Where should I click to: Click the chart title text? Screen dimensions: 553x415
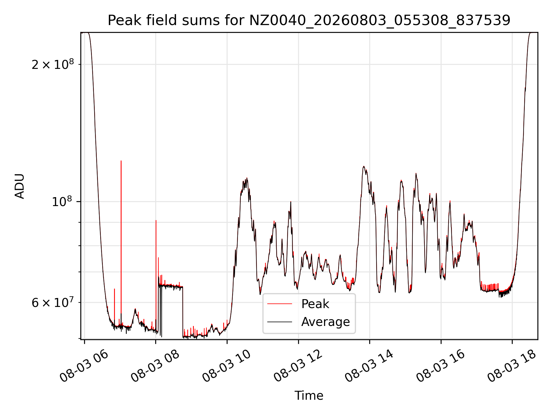pos(309,20)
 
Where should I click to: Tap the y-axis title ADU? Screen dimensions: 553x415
pos(20,186)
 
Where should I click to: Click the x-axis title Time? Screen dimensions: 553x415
pos(309,395)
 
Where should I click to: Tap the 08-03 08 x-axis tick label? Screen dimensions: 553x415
pos(155,366)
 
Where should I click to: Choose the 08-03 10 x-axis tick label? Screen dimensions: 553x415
pos(226,366)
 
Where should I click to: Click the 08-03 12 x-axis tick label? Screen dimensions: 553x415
pos(298,366)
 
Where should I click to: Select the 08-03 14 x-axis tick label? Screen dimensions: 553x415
pos(369,366)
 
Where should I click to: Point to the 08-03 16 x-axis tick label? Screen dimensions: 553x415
pos(440,366)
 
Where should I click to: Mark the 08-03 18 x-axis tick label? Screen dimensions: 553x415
pos(512,366)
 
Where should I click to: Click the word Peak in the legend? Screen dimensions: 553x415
pos(315,304)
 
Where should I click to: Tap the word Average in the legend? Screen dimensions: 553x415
pos(325,322)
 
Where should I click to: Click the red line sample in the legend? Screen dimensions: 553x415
pos(280,304)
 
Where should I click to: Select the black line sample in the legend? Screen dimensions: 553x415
pos(280,322)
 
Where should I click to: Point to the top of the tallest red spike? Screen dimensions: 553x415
pos(121,161)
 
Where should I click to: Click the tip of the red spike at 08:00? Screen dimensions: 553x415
pos(156,220)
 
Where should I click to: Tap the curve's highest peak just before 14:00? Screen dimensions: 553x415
pos(364,166)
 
